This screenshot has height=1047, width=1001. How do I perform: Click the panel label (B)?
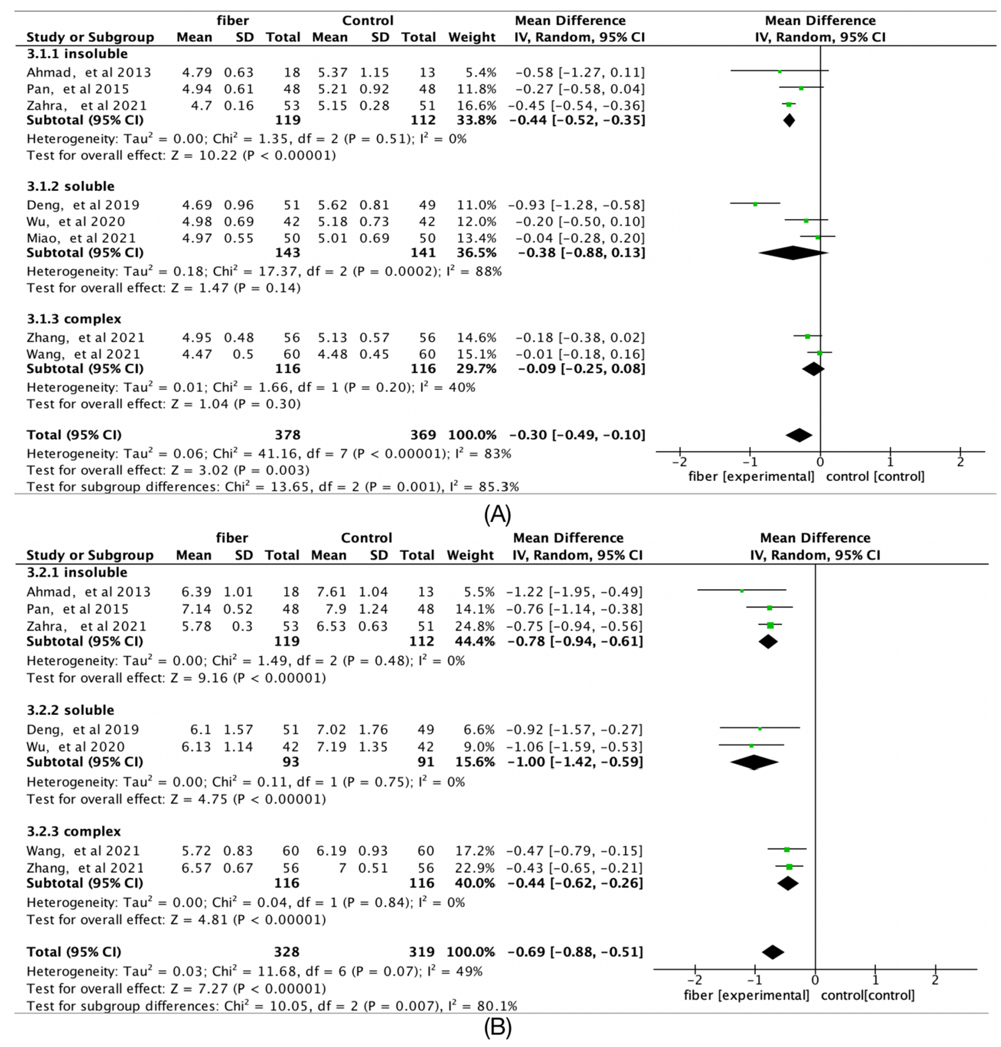click(x=497, y=1027)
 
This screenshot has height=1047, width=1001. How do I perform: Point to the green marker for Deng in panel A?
click(x=755, y=204)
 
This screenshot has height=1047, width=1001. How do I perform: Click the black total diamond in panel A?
click(x=799, y=435)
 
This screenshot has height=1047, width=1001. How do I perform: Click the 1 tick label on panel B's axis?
click(x=875, y=980)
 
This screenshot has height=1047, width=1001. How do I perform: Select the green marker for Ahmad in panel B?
click(x=742, y=591)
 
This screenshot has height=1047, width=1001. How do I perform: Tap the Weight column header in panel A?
click(x=472, y=37)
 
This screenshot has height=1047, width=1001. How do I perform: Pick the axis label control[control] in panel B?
click(x=868, y=995)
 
